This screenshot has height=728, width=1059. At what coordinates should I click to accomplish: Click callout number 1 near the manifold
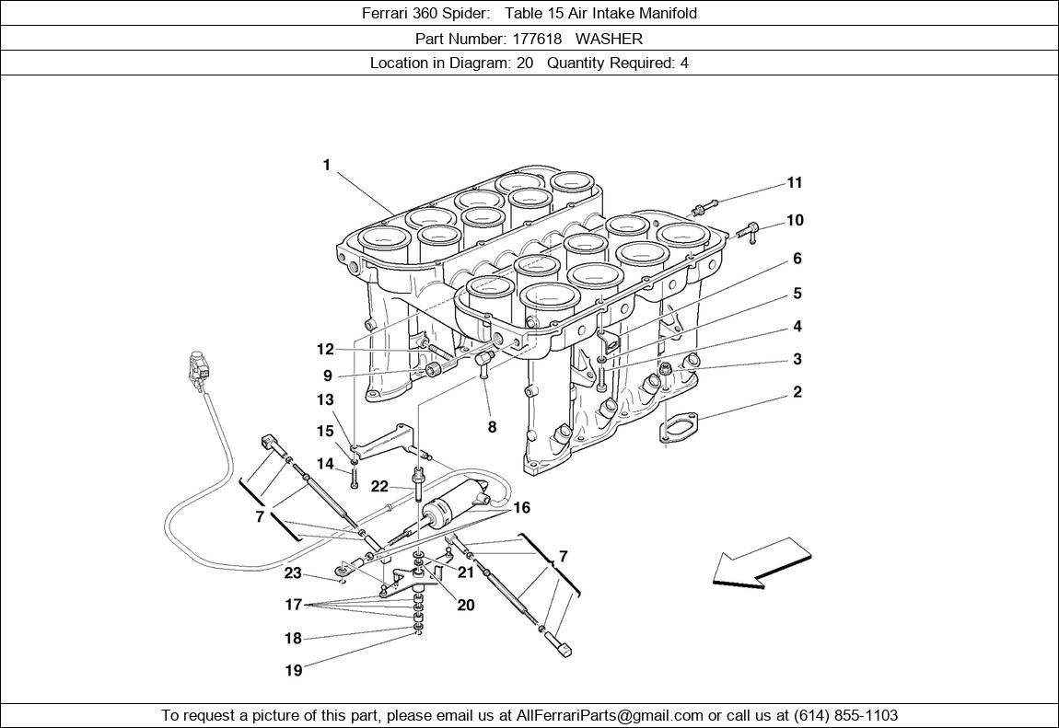click(326, 166)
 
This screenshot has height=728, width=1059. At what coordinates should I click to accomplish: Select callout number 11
click(794, 183)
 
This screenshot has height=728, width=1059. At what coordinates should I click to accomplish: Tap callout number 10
click(794, 221)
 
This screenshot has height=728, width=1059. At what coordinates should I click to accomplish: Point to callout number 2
click(797, 392)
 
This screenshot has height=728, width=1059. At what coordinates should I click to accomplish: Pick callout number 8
click(492, 427)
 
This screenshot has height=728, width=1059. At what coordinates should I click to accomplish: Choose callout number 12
click(325, 350)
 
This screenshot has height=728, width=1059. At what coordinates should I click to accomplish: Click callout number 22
click(379, 486)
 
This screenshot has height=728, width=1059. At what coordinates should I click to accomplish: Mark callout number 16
click(522, 508)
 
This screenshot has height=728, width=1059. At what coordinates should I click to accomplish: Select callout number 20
click(466, 606)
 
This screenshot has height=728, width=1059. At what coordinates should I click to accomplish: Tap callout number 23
click(293, 573)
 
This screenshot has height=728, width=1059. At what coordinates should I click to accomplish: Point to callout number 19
click(293, 671)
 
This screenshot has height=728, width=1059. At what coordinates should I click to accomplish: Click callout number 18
click(293, 639)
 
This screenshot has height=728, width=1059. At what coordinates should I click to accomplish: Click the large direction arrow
click(763, 562)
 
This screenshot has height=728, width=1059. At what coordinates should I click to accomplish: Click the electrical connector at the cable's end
click(195, 369)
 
